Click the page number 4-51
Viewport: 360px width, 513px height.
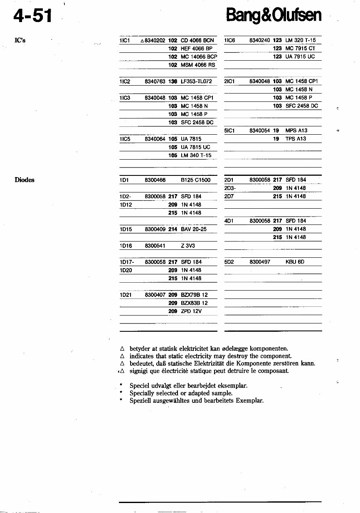click(33, 16)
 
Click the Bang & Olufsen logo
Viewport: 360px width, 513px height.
click(274, 15)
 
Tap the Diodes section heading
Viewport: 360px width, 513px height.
click(25, 180)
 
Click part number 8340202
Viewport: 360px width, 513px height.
click(155, 41)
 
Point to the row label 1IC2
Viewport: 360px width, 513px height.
click(125, 81)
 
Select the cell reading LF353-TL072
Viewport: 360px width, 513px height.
click(197, 81)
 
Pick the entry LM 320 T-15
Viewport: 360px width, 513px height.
click(301, 40)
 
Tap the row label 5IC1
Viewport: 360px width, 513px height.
click(230, 131)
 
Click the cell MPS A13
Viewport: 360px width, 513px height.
click(296, 131)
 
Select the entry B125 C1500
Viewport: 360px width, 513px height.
click(196, 180)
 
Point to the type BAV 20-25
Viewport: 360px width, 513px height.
click(194, 229)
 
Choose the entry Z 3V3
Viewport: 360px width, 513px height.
click(188, 246)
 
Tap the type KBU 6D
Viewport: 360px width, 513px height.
click(295, 262)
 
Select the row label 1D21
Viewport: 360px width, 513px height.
click(125, 295)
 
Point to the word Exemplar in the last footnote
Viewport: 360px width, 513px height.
click(249, 401)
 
